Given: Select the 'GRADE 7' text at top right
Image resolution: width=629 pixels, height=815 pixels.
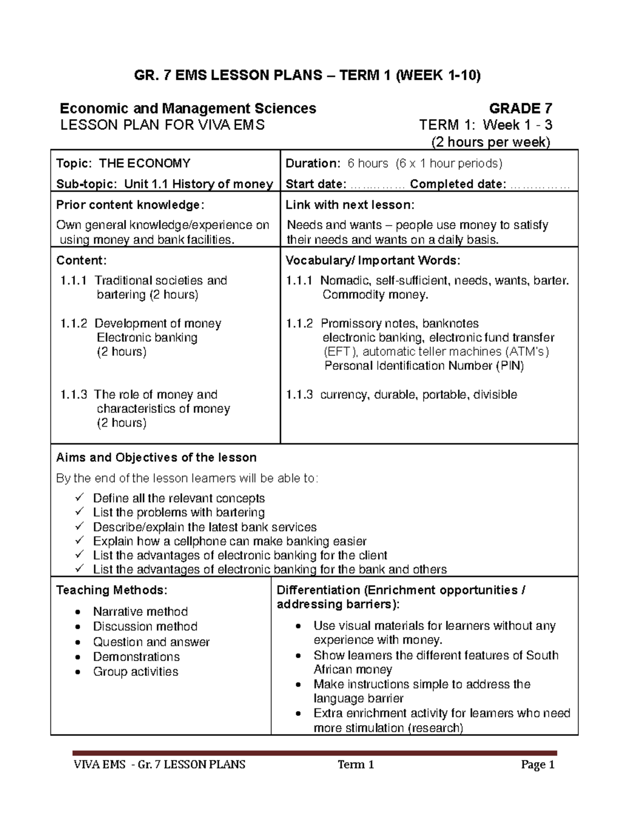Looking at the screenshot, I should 520,109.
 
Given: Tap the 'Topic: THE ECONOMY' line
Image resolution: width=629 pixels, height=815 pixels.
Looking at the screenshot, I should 123,164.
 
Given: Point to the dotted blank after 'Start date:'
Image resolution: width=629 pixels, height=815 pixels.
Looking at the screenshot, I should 377,185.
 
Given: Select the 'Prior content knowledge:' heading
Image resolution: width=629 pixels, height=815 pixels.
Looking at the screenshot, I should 131,205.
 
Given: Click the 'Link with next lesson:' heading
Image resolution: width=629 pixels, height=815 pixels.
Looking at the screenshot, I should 350,205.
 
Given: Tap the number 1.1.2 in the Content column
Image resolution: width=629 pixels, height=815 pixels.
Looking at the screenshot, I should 74,324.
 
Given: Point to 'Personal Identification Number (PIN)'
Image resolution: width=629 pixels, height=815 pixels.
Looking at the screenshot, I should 424,366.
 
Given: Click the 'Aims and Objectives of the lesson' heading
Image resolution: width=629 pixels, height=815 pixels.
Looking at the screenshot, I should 156,458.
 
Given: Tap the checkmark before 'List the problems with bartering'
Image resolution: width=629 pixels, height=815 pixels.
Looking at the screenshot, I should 79,512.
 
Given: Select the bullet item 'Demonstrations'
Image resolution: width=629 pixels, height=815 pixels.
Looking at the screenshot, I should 136,657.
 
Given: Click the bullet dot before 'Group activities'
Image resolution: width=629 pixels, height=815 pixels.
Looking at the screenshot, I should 78,672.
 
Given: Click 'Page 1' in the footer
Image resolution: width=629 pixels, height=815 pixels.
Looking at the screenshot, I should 537,765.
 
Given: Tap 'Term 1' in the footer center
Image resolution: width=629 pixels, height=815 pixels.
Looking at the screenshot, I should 356,765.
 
